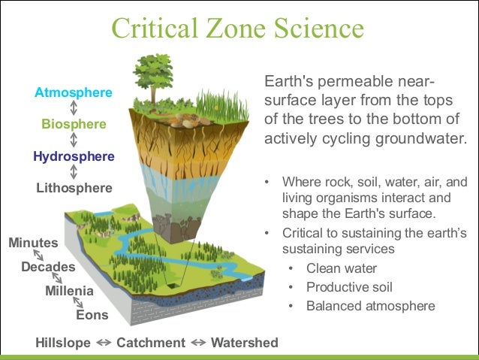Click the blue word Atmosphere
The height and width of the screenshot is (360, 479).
[x=74, y=92]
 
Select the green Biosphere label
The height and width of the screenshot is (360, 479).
[x=74, y=124]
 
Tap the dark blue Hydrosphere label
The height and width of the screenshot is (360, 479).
[x=74, y=156]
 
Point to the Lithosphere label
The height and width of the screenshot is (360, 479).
[x=74, y=188]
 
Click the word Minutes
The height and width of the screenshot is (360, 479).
[x=33, y=243]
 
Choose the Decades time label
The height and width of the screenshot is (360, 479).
[x=48, y=267]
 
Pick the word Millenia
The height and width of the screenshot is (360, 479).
[x=69, y=291]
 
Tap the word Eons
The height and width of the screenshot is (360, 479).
[x=92, y=315]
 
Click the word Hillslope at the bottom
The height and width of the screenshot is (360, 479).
[x=63, y=343]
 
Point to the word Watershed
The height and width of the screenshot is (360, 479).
[x=244, y=343]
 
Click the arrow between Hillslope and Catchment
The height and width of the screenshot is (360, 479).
[x=104, y=343]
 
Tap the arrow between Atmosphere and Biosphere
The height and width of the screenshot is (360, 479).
[x=74, y=108]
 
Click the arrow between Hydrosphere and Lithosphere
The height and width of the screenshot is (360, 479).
[x=74, y=172]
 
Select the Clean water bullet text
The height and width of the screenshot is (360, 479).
[x=342, y=268]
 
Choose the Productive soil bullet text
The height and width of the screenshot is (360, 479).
[x=349, y=287]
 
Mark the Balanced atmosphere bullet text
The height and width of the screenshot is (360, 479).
[x=370, y=306]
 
